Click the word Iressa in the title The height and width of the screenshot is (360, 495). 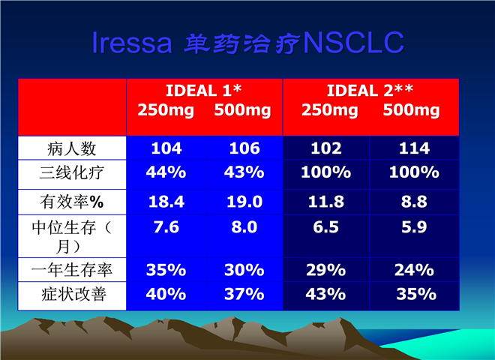[x=132, y=42]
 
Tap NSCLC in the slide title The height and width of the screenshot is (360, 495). [x=353, y=42]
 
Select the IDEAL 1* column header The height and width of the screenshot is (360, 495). [x=203, y=91]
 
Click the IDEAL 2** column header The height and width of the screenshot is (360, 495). [x=370, y=91]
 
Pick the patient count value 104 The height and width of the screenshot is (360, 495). [x=166, y=148]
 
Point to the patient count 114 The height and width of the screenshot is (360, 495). [x=414, y=148]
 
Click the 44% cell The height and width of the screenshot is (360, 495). [x=166, y=172]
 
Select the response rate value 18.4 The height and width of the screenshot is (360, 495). [x=166, y=202]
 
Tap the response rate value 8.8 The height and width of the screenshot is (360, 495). [x=414, y=202]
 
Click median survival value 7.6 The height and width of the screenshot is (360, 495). [x=166, y=227]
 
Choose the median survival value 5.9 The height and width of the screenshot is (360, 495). [x=414, y=227]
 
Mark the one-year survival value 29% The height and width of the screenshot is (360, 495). [x=325, y=270]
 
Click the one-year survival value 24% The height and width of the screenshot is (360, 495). [x=414, y=270]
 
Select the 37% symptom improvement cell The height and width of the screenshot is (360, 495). [x=244, y=294]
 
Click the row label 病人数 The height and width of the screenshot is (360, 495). [x=72, y=148]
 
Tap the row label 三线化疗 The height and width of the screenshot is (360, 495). [x=72, y=172]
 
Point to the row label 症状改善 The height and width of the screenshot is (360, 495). [x=73, y=294]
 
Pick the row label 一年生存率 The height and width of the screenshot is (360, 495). [x=72, y=270]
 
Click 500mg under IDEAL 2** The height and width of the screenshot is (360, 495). [x=411, y=110]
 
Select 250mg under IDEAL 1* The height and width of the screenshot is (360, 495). [x=166, y=110]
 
